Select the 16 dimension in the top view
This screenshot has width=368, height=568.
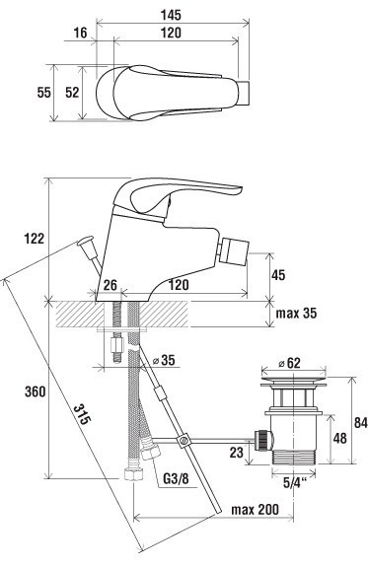click(81, 34)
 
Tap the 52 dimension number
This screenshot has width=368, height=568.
click(72, 92)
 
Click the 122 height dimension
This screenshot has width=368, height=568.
click(35, 238)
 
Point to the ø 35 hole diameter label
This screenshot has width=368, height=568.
click(166, 362)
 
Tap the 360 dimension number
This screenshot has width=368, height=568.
click(35, 391)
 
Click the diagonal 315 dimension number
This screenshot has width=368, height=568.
click(83, 417)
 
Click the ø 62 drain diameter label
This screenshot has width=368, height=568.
click(293, 363)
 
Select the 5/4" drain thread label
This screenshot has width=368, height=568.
click(293, 484)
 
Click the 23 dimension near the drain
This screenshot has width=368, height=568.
click(236, 453)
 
